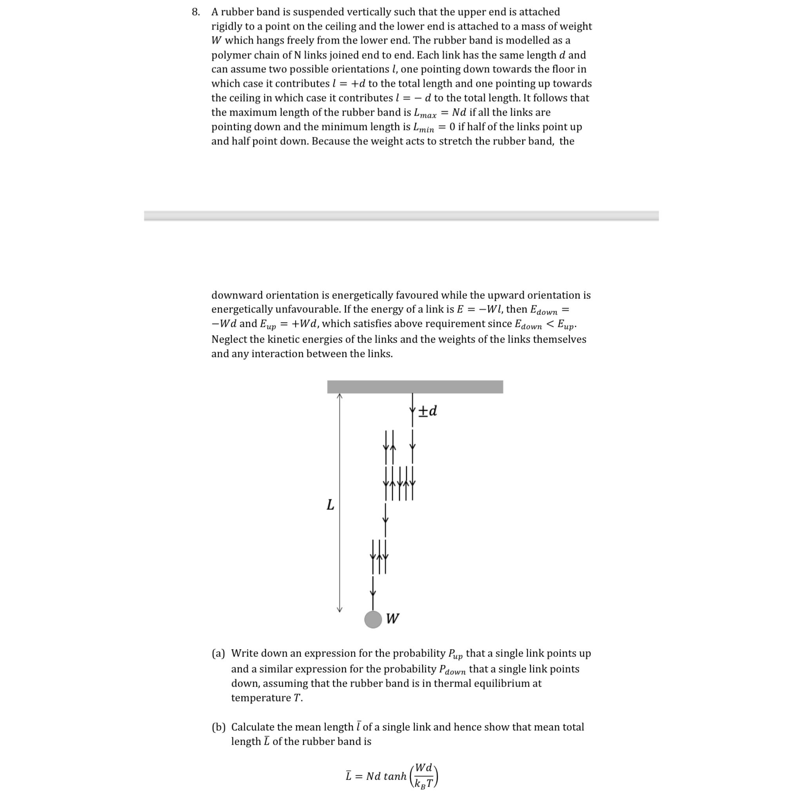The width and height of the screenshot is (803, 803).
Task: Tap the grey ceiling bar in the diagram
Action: point(414,387)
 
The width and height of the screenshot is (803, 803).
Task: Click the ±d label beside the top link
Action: point(428,411)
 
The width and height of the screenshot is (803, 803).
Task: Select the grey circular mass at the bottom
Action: point(373,619)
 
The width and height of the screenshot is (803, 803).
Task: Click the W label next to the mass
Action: point(392,618)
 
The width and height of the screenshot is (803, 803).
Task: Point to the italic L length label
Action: point(330,505)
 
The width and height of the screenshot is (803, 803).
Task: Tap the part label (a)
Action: point(218,653)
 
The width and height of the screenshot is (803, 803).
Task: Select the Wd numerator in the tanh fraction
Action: point(424,767)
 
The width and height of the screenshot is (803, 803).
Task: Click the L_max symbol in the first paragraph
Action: point(425,113)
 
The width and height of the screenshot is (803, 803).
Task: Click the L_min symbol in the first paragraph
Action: point(423,127)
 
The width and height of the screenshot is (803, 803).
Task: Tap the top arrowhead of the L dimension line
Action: point(340,396)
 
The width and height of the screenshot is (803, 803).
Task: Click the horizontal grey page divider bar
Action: point(401,215)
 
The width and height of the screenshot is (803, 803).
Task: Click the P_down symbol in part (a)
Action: point(452,670)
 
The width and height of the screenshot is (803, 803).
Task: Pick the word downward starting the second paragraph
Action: point(236,295)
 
